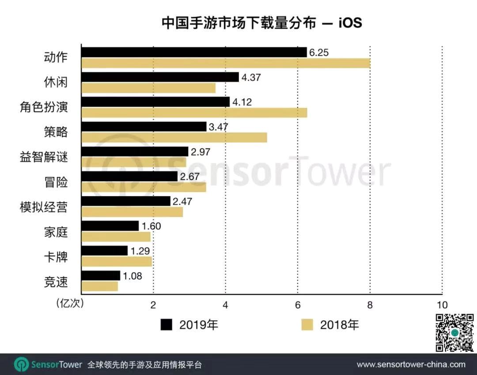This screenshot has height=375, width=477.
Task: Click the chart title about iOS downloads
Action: coord(261,23)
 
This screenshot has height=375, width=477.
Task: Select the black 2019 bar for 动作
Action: coord(194,52)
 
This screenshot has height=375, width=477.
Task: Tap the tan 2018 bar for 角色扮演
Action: coord(194,113)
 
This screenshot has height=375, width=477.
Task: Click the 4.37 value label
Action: coord(251,77)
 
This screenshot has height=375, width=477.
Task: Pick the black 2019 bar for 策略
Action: coord(144,127)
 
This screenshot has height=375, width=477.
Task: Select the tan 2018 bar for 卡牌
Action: coord(117,261)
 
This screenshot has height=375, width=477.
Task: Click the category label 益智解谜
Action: coord(44,157)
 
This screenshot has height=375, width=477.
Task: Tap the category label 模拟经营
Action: coord(44,207)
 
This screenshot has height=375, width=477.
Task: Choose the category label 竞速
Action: coord(56,281)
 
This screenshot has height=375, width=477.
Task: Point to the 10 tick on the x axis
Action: coord(442,305)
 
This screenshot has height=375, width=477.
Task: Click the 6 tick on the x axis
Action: coord(298,305)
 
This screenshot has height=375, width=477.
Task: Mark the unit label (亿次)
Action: coord(69,304)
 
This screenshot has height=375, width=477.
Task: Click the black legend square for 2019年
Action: coord(166,325)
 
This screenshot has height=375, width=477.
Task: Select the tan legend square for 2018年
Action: coord(307,325)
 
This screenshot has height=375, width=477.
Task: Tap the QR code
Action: coord(455,332)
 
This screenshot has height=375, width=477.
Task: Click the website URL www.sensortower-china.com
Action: coord(411,365)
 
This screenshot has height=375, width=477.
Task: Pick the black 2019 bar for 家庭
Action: coord(110,226)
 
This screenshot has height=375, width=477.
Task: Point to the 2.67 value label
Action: coord(189,177)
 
